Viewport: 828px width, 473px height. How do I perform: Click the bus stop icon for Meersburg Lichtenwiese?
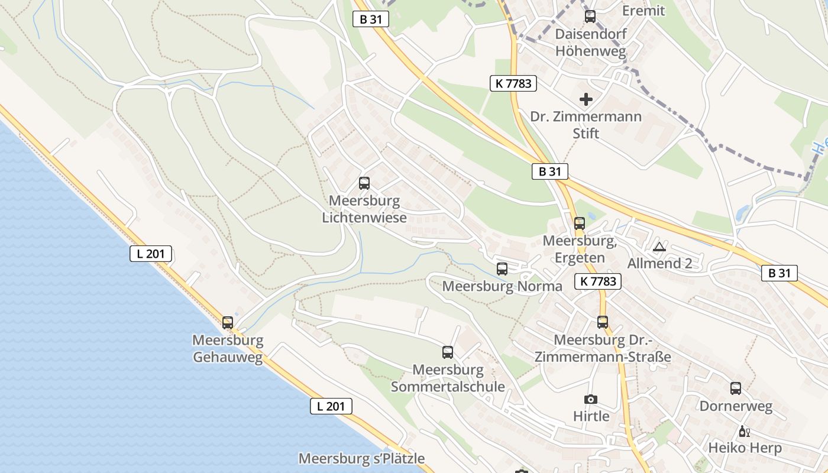pyautogui.click(x=364, y=183)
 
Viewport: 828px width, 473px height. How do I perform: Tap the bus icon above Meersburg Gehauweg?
pyautogui.click(x=228, y=323)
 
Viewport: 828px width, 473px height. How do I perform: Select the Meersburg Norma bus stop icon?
pyautogui.click(x=502, y=269)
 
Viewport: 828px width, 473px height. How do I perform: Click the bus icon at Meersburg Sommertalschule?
pyautogui.click(x=448, y=352)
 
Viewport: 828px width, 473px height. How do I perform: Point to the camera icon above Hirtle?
pyautogui.click(x=591, y=400)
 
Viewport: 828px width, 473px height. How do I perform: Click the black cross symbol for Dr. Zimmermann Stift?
pyautogui.click(x=586, y=99)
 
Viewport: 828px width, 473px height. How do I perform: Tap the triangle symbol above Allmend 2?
pyautogui.click(x=659, y=247)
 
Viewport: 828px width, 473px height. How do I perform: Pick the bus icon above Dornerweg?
pyautogui.click(x=736, y=388)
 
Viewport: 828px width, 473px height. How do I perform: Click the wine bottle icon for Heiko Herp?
pyautogui.click(x=744, y=431)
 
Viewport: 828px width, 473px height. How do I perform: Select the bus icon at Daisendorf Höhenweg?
pyautogui.click(x=590, y=17)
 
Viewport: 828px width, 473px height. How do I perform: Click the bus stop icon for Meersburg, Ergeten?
pyautogui.click(x=580, y=223)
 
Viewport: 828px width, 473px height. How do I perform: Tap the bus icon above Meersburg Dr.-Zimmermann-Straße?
pyautogui.click(x=603, y=322)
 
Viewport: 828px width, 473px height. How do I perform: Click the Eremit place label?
pyautogui.click(x=643, y=11)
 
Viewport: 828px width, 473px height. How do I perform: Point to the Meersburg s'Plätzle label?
pyautogui.click(x=361, y=458)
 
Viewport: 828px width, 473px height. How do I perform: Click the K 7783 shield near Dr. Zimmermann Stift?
pyautogui.click(x=513, y=83)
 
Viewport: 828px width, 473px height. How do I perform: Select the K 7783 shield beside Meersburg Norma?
pyautogui.click(x=598, y=281)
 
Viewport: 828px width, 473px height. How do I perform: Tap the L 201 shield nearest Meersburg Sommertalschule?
pyautogui.click(x=331, y=406)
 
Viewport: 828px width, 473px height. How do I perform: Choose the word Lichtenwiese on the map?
pyautogui.click(x=364, y=218)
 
